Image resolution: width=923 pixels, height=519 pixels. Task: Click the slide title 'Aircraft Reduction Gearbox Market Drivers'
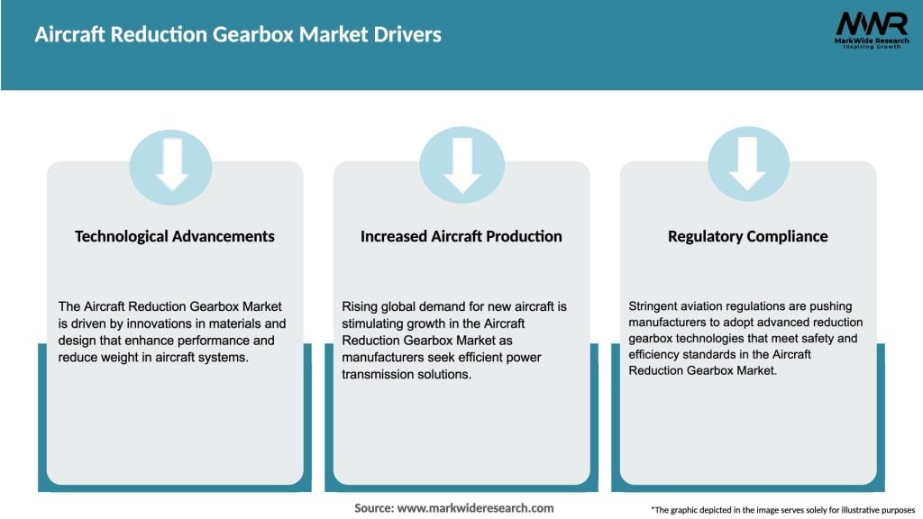[238, 35]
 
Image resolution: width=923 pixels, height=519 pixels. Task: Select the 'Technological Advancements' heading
[175, 236]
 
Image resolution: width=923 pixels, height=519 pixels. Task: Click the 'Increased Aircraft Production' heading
[461, 236]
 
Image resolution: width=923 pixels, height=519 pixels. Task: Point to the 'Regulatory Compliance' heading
[747, 236]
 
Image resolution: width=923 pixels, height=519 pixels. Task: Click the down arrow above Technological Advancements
[171, 164]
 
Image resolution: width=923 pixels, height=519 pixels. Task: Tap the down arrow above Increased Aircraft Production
[461, 164]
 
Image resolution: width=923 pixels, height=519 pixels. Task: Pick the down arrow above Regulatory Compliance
[748, 164]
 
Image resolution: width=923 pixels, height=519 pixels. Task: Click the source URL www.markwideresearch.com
[475, 508]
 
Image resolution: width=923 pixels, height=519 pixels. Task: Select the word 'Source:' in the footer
[373, 508]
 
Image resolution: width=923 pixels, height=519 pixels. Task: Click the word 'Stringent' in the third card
[655, 306]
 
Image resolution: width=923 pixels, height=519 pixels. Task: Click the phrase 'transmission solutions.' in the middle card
[407, 375]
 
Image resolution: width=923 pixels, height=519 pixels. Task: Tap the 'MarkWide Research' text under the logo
[871, 41]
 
